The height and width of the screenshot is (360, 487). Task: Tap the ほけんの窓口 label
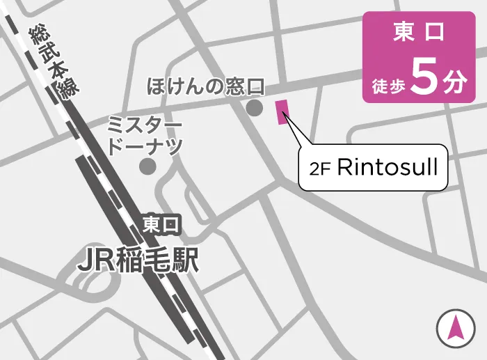pos(207,86)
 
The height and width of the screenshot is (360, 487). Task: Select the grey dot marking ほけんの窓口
pos(254,108)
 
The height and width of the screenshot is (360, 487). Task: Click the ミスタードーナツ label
pos(145,136)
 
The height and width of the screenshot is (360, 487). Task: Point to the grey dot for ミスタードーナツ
pos(147,166)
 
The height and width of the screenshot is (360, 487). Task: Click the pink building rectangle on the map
pos(282,112)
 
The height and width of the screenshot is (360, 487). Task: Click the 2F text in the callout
pos(320,169)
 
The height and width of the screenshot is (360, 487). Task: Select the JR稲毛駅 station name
pos(138,260)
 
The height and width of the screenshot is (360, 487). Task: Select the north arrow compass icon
pos(456,327)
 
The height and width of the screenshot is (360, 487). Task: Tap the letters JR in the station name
pos(93,260)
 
